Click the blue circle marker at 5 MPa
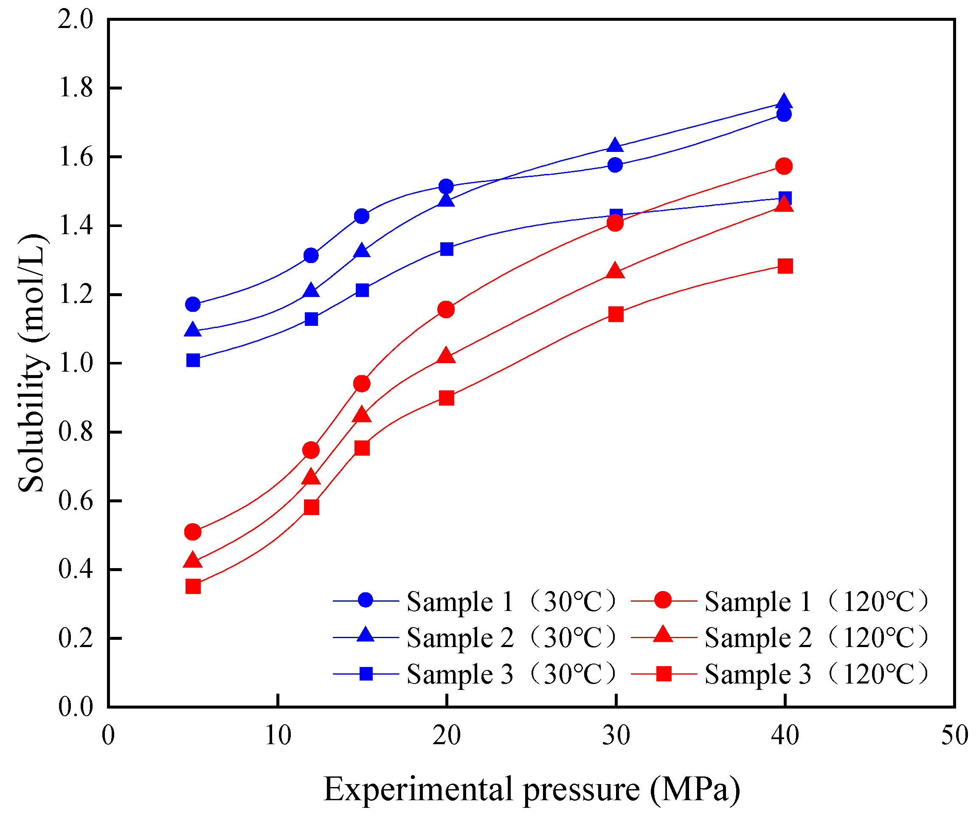[x=193, y=305]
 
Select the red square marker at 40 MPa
[x=785, y=266]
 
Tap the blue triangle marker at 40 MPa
[x=784, y=101]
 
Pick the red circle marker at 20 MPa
[x=446, y=309]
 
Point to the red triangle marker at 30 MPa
[x=615, y=272]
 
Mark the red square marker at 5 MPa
[x=193, y=586]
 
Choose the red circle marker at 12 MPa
[x=311, y=450]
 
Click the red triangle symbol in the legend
[x=663, y=636]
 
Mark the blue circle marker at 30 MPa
[x=615, y=165]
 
